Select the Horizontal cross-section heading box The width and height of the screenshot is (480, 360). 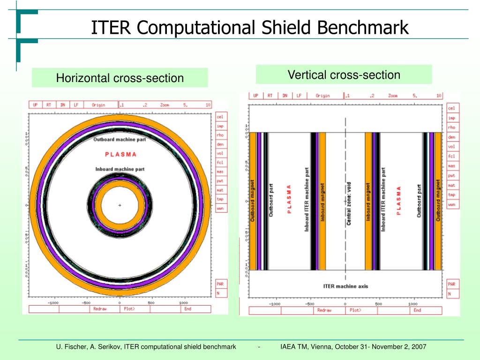(120, 78)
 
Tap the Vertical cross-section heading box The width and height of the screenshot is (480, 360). (344, 75)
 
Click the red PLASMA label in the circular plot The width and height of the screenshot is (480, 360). (120, 154)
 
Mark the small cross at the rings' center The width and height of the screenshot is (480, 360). (120, 205)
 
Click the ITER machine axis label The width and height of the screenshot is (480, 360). (345, 286)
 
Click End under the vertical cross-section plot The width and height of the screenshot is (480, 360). (417, 310)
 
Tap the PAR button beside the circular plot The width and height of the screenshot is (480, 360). (220, 284)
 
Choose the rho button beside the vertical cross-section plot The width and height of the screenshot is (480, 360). (451, 127)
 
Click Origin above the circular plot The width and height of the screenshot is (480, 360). (98, 105)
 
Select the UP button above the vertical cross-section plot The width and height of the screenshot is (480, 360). (256, 96)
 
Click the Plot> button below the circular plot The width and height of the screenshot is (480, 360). (129, 309)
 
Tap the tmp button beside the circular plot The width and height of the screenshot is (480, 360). (220, 199)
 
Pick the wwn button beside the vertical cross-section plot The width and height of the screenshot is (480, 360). (451, 205)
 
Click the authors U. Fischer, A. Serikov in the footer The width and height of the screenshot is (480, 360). (89, 347)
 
